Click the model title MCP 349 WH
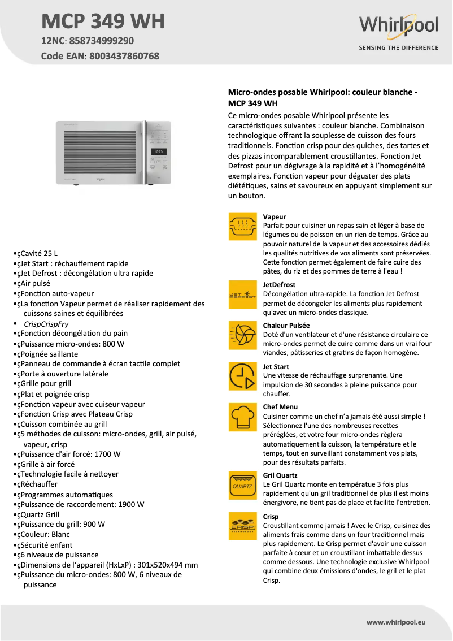pyautogui.click(x=103, y=21)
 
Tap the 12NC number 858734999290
pyautogui.click(x=101, y=41)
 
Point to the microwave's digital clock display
pyautogui.click(x=159, y=151)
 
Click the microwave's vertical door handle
pyautogui.click(x=145, y=152)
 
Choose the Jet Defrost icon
pyautogui.click(x=242, y=294)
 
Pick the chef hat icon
pyautogui.click(x=242, y=417)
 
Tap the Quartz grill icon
pyautogui.click(x=242, y=485)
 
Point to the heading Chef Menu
pyautogui.click(x=280, y=407)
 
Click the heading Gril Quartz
pyautogui.click(x=280, y=475)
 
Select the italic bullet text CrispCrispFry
pyautogui.click(x=46, y=324)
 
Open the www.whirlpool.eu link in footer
pyautogui.click(x=395, y=622)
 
